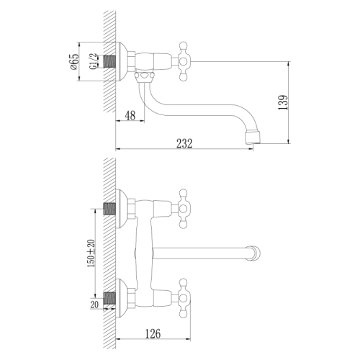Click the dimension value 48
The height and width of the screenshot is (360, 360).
pos(130,114)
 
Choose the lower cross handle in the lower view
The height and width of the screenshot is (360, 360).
pos(179,297)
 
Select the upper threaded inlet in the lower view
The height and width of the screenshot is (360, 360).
pos(111,208)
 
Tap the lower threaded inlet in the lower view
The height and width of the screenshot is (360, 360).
pos(111,296)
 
